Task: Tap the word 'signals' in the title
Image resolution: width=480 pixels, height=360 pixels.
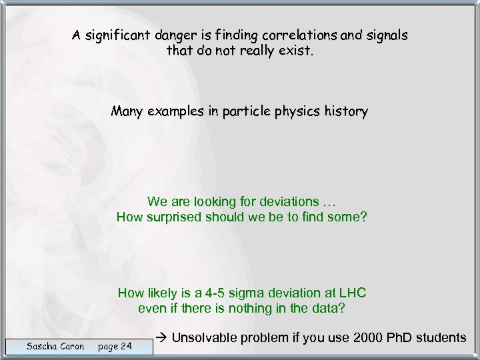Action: click(387, 35)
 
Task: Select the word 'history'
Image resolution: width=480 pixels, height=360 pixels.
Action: click(343, 112)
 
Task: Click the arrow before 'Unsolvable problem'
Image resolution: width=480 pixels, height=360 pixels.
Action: click(163, 338)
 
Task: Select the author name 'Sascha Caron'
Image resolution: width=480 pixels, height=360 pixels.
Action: click(55, 346)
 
